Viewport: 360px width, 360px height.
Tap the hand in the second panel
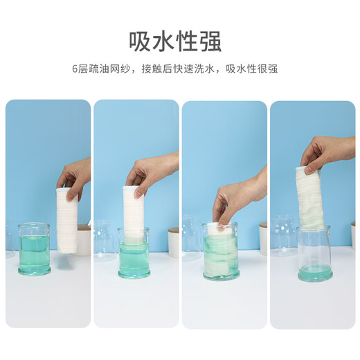(152, 170)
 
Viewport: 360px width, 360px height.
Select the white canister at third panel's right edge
(262, 239)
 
